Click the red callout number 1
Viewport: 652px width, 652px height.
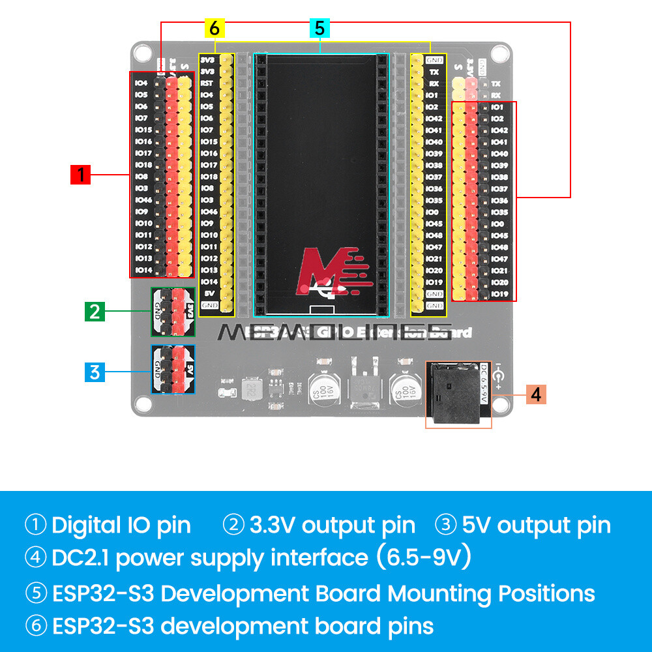(x=80, y=175)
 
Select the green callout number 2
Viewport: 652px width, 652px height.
(x=95, y=311)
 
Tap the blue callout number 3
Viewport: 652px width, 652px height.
(x=95, y=372)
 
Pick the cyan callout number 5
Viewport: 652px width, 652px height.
(x=319, y=28)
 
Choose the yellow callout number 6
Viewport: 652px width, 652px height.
(x=214, y=28)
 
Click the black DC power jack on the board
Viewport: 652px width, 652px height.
(x=456, y=393)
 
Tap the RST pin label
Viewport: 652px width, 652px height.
(x=207, y=83)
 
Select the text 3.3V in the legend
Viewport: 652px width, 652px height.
(x=273, y=525)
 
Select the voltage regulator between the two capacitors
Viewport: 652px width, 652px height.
(x=361, y=385)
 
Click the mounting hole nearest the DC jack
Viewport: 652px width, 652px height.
(x=501, y=404)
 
